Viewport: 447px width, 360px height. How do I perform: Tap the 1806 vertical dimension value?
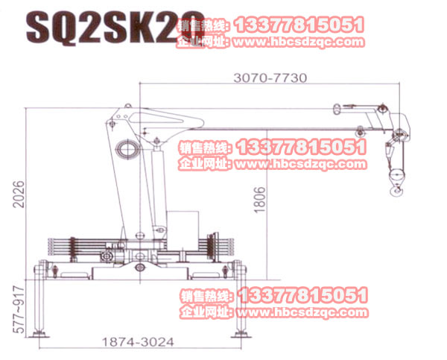259,200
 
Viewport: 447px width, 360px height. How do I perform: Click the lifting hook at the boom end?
396,192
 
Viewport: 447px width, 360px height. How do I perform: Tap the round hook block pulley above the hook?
396,176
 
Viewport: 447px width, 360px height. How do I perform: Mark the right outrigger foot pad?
240,333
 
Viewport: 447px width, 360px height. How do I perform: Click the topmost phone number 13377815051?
299,25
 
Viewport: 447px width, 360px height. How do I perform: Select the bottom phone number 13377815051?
299,296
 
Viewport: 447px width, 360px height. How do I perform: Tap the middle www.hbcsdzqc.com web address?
301,164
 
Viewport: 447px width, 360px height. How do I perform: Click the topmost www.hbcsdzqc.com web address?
301,42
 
